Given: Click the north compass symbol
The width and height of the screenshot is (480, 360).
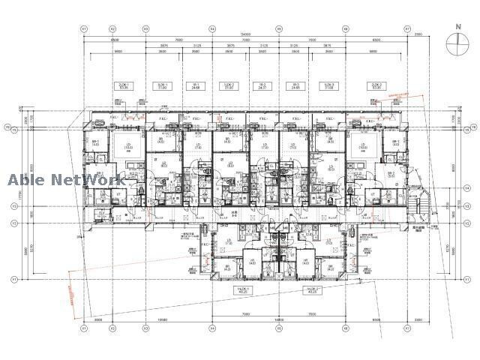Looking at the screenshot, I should pyautogui.click(x=456, y=45).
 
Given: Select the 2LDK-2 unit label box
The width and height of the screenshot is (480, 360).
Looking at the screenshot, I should pyautogui.click(x=376, y=86).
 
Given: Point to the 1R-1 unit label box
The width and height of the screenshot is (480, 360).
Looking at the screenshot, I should pyautogui.click(x=196, y=86).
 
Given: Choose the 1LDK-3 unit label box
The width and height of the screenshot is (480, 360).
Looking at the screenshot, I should pyautogui.click(x=327, y=86).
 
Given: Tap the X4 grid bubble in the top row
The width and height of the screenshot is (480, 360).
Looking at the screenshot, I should pyautogui.click(x=212, y=29).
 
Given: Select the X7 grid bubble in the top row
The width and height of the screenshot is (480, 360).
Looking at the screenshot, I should pyautogui.click(x=407, y=29).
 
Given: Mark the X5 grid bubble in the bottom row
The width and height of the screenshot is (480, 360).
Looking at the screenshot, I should pyautogui.click(x=278, y=328).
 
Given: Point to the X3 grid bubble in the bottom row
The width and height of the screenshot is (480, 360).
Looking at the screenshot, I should pyautogui.click(x=146, y=328).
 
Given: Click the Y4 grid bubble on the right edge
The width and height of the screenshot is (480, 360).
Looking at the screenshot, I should pyautogui.click(x=446, y=188).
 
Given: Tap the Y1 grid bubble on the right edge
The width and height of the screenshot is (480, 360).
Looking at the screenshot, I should pyautogui.click(x=446, y=279).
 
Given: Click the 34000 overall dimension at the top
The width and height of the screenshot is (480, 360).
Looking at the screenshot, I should pyautogui.click(x=245, y=34).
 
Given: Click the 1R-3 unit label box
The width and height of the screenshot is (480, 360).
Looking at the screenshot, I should pyautogui.click(x=295, y=86).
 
